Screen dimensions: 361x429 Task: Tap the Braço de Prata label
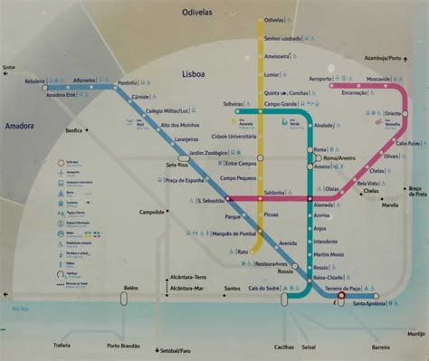click(415, 190)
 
